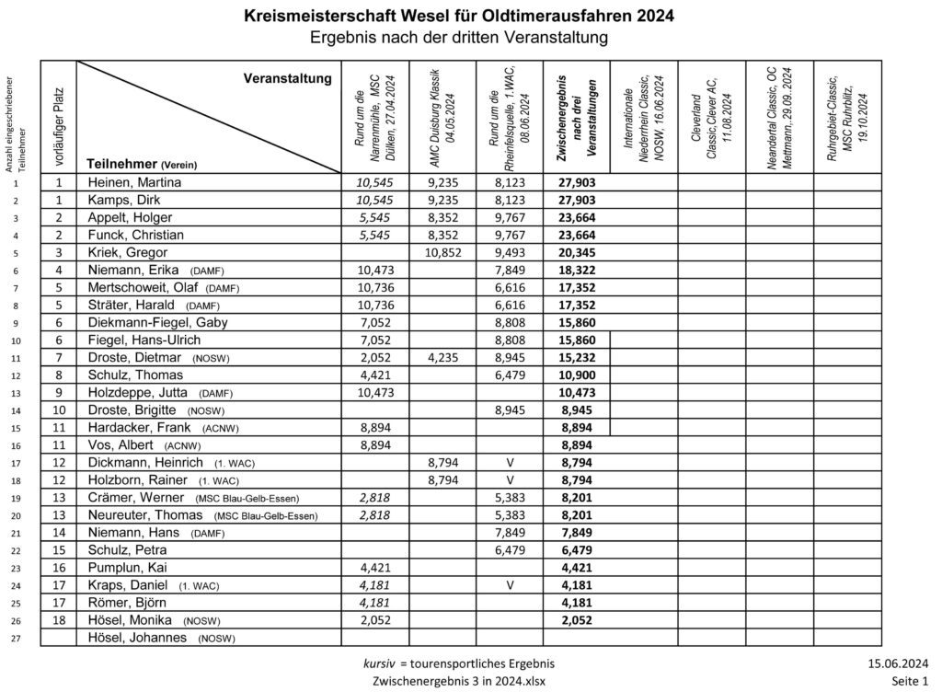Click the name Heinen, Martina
[x=134, y=182]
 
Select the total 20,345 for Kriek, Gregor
[x=576, y=252]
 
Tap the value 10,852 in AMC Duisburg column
[x=442, y=252]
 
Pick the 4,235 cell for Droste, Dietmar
[x=442, y=357]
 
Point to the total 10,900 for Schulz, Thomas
[x=576, y=375]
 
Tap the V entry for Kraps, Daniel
[x=510, y=584]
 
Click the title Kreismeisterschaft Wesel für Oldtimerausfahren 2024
[x=458, y=16]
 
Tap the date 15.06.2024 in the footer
[x=897, y=663]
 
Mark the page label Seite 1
[x=910, y=681]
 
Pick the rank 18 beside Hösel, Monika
[x=58, y=619]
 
